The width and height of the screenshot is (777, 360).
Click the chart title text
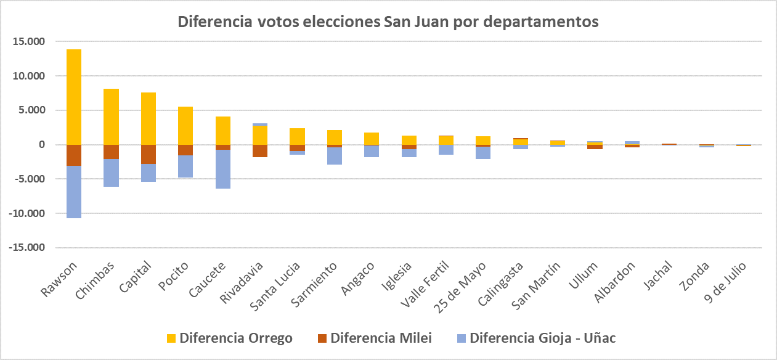click(x=388, y=22)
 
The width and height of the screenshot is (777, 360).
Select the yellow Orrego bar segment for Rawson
click(x=74, y=97)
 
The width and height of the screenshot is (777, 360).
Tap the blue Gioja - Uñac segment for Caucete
click(x=223, y=169)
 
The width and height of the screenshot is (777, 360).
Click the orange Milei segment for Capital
click(x=148, y=154)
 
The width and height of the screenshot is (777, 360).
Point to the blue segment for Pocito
click(x=185, y=166)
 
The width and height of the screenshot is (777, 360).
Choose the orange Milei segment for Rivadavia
click(x=260, y=151)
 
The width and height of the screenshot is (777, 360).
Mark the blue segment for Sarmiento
click(x=335, y=156)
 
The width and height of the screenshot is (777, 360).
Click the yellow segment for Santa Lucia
click(x=297, y=136)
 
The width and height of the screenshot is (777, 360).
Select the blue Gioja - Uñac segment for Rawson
click(x=74, y=192)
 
